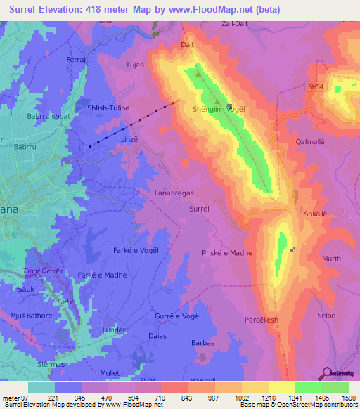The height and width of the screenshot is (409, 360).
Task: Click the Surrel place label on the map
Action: tap(200, 209)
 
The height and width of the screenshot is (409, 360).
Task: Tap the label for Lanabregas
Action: tap(174, 192)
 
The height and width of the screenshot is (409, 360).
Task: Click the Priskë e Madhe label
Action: tap(226, 253)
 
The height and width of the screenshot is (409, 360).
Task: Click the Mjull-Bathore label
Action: tap(32, 316)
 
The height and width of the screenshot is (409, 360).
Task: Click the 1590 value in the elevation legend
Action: tap(348, 397)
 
